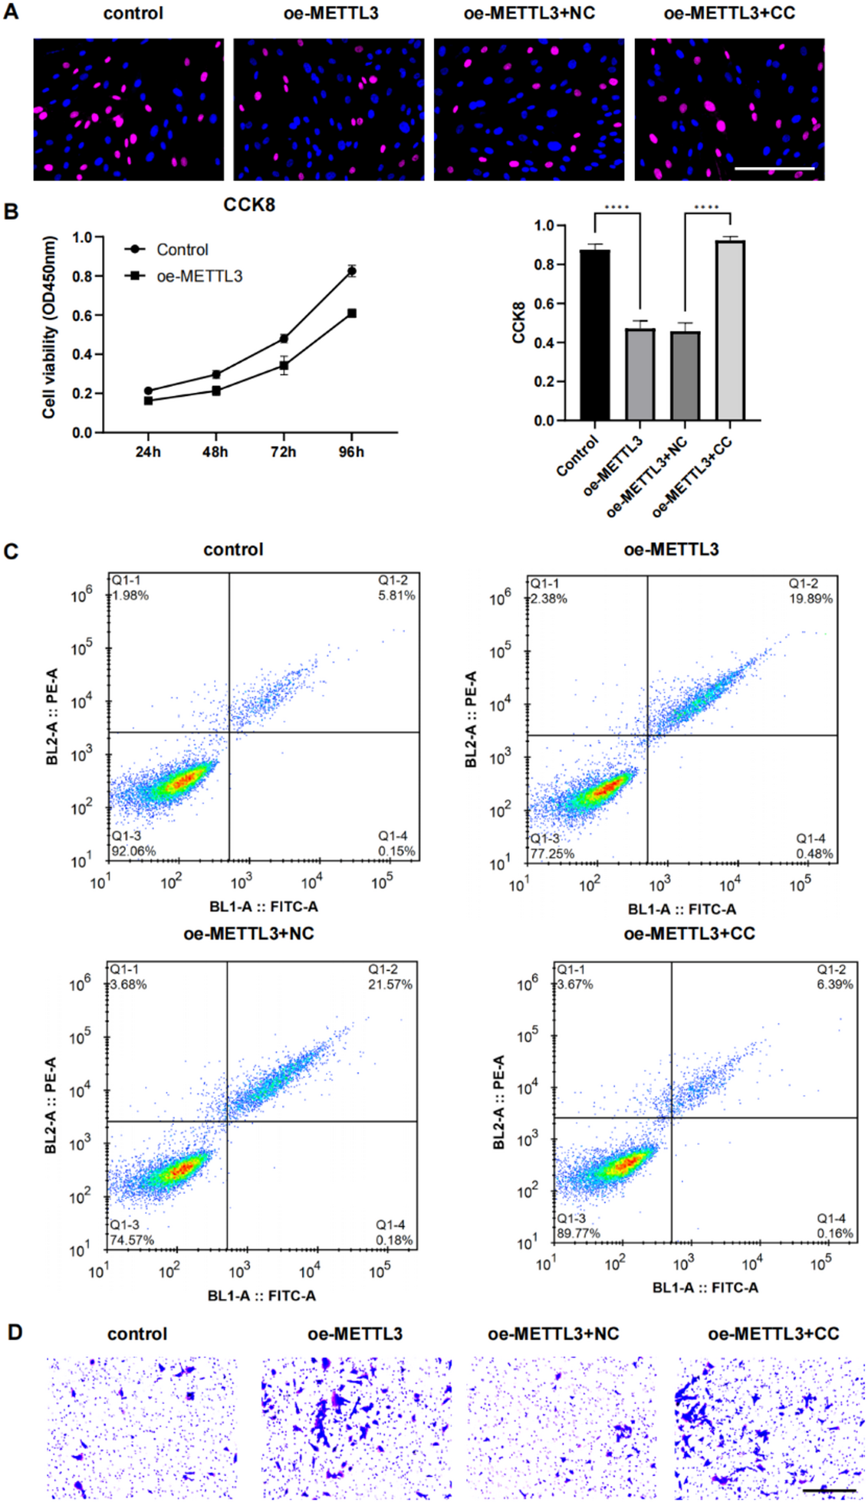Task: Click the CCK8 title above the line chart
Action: click(248, 205)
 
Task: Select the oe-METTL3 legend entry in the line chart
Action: click(199, 276)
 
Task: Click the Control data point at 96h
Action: click(351, 271)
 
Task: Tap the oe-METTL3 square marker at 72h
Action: click(284, 367)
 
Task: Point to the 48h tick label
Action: click(215, 452)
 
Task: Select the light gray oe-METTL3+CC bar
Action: click(729, 331)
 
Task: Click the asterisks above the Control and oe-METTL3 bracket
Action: click(616, 208)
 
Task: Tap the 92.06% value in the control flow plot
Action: click(133, 851)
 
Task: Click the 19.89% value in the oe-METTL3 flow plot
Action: click(810, 599)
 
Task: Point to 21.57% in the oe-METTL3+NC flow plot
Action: click(390, 984)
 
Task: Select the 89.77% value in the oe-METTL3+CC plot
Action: click(578, 1233)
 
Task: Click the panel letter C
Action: click(11, 552)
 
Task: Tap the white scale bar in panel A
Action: click(774, 168)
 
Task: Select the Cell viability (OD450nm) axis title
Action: click(50, 327)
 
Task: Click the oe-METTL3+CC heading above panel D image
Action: click(773, 1334)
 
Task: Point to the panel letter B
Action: click(11, 212)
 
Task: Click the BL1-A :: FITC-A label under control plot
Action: click(263, 907)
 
